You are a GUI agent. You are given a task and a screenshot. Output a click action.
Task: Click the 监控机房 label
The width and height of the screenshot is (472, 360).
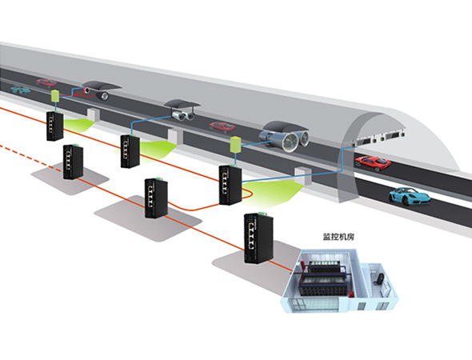click(x=338, y=237)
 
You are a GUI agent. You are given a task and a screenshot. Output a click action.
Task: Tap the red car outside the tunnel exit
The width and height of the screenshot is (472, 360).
click(x=373, y=163)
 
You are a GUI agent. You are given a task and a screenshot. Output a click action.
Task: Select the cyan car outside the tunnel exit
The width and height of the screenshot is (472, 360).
click(x=409, y=196)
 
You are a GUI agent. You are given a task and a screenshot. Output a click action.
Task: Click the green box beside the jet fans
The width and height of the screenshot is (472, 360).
click(x=235, y=144)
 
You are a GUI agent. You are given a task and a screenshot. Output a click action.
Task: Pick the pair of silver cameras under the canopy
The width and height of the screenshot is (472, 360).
click(x=182, y=115)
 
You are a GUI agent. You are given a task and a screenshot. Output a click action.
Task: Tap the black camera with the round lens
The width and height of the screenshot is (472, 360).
click(x=102, y=96)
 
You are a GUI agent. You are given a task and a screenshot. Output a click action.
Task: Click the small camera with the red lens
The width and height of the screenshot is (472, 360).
click(x=86, y=90)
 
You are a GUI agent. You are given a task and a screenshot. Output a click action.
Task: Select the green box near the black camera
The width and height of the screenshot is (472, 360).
click(x=55, y=96)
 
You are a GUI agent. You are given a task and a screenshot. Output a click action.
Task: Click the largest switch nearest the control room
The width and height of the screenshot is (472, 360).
click(x=258, y=238)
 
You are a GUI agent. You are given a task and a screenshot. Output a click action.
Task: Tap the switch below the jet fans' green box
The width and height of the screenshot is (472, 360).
click(x=230, y=185)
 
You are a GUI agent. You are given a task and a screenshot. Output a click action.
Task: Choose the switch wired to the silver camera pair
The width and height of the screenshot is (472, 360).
click(x=130, y=151)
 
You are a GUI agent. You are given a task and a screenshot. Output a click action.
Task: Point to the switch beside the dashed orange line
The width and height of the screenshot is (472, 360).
click(x=73, y=162)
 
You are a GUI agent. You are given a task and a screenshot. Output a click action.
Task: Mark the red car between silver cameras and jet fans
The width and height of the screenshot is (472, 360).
click(x=222, y=127)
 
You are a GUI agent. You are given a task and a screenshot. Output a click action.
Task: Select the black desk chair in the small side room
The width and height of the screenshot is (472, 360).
click(x=379, y=278)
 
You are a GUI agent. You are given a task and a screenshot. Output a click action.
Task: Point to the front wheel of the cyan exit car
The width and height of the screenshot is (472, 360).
click(x=406, y=201)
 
